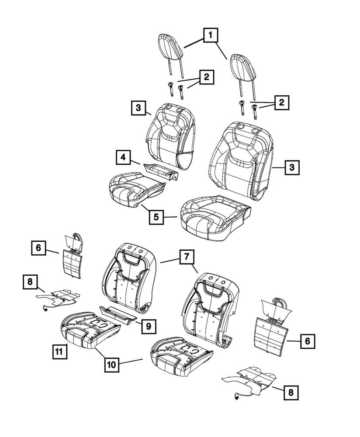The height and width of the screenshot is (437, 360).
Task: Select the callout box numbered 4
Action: [x=124, y=157]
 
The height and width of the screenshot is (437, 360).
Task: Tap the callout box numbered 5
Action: [x=156, y=216]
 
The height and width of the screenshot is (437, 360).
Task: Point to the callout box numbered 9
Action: [x=149, y=326]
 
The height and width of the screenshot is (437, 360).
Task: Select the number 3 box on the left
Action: [x=137, y=108]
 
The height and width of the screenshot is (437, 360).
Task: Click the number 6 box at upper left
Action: [x=39, y=248]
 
